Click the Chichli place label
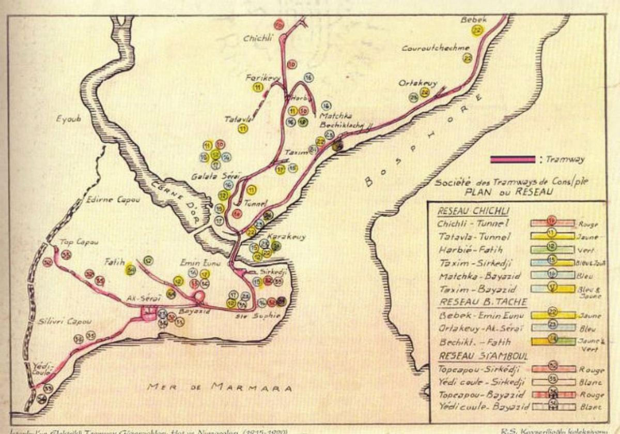point(259,38)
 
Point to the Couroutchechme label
point(437,48)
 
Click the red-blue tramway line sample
point(513,160)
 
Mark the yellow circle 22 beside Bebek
point(476,31)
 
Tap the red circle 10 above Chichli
point(279,24)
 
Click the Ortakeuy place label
point(418,83)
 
